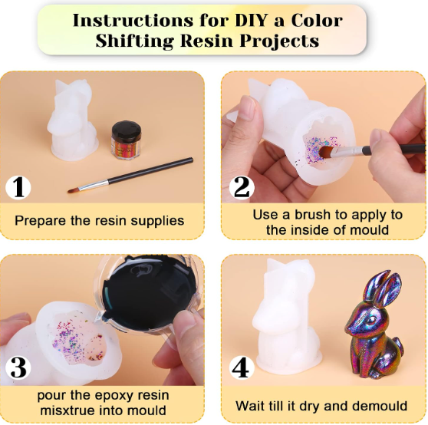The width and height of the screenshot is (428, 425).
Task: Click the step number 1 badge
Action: pos(18,187)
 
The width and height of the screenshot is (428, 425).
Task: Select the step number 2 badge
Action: pos(242,187)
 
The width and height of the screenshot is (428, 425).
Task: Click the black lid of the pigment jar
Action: pos(127,130)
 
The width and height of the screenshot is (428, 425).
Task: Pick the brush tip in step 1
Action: pos(73,190)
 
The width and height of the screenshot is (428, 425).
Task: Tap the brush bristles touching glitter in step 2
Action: pos(325,153)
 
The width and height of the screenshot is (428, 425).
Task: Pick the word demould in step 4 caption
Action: pos(380,406)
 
